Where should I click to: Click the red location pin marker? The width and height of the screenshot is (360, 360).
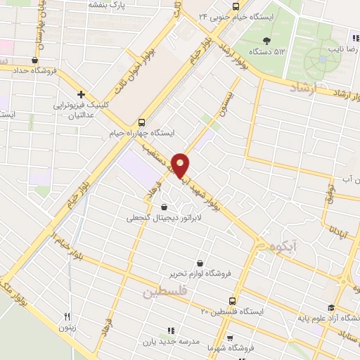[x=181, y=165]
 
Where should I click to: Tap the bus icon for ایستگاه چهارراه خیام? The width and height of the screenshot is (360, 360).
[x=142, y=121]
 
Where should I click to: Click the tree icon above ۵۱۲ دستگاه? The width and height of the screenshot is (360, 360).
[x=266, y=40]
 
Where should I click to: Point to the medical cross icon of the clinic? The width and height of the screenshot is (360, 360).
[x=82, y=94]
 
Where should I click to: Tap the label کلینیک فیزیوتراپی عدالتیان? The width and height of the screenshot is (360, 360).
[x=83, y=109]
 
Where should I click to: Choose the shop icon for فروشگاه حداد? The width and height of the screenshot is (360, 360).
[x=34, y=60]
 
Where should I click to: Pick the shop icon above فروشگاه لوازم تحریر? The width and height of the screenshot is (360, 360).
[x=200, y=263]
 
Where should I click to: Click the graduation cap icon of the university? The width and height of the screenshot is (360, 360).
[x=331, y=307]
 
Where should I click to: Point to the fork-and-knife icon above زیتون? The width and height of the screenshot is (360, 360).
[x=67, y=316]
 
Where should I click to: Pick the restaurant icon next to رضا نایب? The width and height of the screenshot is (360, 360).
[x=355, y=38]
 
